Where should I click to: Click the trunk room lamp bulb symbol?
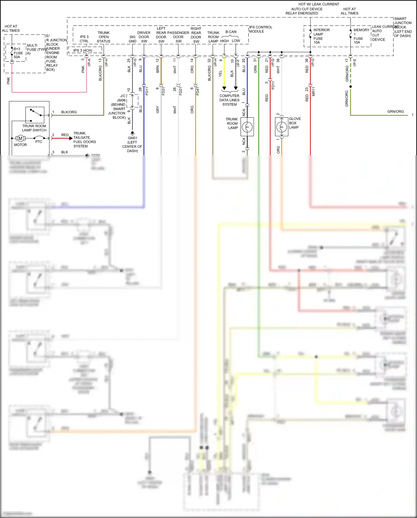pos(247,127)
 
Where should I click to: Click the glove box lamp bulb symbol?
pos(282,127)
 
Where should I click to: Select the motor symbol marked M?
pos(20,138)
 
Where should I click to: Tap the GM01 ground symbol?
pos(132,133)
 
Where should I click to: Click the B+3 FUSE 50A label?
pos(18,53)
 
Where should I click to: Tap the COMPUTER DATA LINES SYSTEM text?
pos(229,100)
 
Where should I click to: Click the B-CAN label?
pos(231,32)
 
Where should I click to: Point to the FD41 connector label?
pos(198,91)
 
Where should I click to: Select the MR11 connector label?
pos(313,91)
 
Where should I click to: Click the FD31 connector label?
pos(163,91)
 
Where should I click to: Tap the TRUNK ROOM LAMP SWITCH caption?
pos(34,128)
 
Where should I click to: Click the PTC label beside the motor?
pos(39,142)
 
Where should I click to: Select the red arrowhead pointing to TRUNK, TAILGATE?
pos(71,138)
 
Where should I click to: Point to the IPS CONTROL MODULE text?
pos(260,29)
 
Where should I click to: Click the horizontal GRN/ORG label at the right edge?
pos(395,112)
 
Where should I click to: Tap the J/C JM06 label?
pos(122,98)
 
